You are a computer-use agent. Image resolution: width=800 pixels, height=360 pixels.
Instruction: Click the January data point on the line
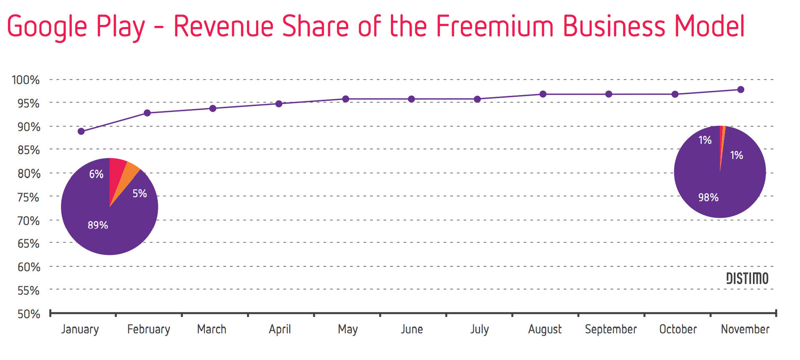click(81, 131)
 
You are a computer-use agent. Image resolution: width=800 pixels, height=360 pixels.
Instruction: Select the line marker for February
click(147, 113)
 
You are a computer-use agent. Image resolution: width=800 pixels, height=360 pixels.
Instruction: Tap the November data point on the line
click(740, 90)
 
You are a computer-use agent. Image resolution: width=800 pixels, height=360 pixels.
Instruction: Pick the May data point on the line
click(345, 99)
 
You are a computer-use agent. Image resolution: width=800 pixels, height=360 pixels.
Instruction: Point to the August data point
click(543, 94)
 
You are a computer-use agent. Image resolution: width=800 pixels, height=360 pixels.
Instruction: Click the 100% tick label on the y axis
click(26, 80)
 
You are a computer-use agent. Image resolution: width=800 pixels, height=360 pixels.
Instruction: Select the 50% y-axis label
click(28, 314)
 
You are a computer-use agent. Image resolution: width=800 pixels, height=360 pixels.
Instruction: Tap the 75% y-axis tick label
click(28, 197)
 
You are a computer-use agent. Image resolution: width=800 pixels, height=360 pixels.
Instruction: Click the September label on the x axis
click(611, 329)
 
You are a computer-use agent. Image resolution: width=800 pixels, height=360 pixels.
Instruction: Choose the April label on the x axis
click(280, 329)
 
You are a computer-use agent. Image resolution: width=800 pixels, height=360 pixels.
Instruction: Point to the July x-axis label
click(480, 329)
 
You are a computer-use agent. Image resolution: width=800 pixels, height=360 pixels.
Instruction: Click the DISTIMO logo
click(747, 278)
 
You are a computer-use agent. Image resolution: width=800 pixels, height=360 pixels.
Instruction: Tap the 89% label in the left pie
click(98, 225)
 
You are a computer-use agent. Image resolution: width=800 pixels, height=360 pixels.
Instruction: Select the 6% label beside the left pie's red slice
click(96, 174)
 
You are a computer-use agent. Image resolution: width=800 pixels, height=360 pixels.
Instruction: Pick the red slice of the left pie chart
click(116, 171)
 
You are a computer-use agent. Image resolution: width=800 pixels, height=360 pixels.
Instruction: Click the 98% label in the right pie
click(708, 197)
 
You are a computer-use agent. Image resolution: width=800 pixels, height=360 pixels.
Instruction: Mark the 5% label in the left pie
click(140, 194)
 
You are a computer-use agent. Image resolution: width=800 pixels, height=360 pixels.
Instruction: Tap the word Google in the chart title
click(47, 27)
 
